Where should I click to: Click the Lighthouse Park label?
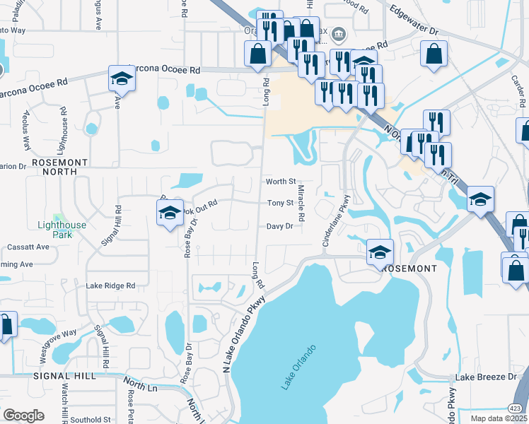[62, 230]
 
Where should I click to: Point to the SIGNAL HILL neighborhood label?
[64, 376]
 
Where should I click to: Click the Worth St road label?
[280, 182]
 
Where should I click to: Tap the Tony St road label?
[280, 204]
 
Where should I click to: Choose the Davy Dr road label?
[279, 226]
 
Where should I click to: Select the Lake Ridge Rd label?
[110, 285]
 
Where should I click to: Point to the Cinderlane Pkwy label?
[336, 221]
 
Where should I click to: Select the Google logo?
[23, 416]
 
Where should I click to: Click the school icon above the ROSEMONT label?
[380, 250]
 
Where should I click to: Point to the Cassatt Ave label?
[28, 247]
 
